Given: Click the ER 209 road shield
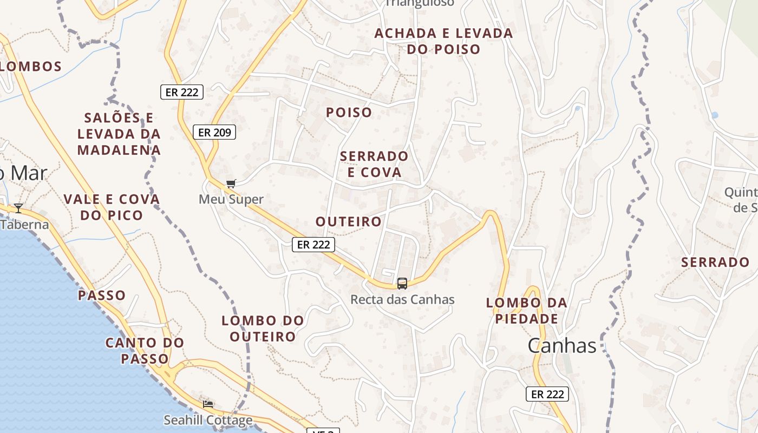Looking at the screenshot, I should point(214,132).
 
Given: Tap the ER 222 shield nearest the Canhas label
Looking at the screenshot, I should point(547,394).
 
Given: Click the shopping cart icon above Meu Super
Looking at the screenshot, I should point(231,184).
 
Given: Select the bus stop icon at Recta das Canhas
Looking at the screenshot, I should point(402,283).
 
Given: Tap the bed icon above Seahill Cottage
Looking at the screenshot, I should point(208,404).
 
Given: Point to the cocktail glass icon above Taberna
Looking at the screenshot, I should point(18,208).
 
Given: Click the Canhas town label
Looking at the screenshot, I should point(561,345).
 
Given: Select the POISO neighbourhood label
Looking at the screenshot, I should point(349,113).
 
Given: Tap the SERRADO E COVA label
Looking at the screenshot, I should point(374,164).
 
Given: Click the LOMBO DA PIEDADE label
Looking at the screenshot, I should point(527,311).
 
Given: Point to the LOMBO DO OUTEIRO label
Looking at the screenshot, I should point(263,329).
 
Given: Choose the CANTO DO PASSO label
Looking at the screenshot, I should point(145,351).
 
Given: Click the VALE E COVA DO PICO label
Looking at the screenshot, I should point(112,207).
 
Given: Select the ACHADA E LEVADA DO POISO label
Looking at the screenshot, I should point(443,41).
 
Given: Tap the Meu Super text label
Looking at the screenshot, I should point(231,199).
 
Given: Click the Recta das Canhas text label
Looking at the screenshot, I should point(402,299).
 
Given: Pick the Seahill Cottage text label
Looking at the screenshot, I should point(208,420).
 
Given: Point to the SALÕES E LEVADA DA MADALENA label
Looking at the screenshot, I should point(119,134).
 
